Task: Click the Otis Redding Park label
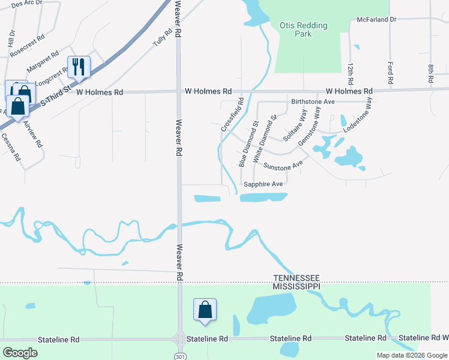click(304, 29)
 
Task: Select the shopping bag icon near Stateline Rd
click(205, 310)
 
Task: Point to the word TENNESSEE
click(297, 278)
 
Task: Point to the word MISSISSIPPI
click(297, 287)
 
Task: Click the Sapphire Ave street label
click(262, 184)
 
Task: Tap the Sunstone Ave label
click(283, 164)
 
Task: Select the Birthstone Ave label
click(312, 102)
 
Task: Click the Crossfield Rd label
click(232, 115)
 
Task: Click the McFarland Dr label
click(376, 19)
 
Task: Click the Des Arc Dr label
click(26, 3)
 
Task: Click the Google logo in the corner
click(20, 352)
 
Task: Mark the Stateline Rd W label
click(423, 338)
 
